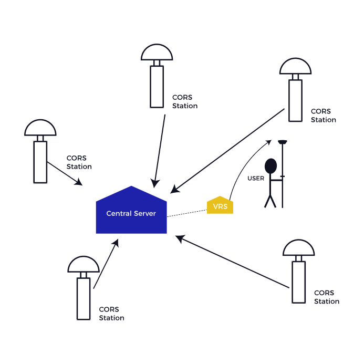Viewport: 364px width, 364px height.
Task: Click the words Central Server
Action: coord(131,214)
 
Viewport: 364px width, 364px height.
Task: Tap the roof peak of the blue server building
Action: coord(131,188)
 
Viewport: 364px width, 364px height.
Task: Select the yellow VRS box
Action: coord(220,206)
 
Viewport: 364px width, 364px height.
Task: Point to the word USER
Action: coord(256,179)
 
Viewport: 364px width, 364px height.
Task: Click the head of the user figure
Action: coord(271,166)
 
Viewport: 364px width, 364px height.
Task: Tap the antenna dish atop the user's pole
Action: coord(283,141)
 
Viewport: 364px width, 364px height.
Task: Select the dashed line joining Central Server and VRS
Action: coord(187,213)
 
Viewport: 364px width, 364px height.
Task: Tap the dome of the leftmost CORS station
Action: coord(40,128)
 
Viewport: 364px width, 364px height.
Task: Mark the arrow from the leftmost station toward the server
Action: coord(65,173)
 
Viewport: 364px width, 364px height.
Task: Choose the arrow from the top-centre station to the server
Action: coord(160,150)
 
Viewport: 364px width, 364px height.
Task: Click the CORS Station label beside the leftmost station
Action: coord(79,162)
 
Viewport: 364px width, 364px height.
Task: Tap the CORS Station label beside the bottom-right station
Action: coord(326,297)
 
